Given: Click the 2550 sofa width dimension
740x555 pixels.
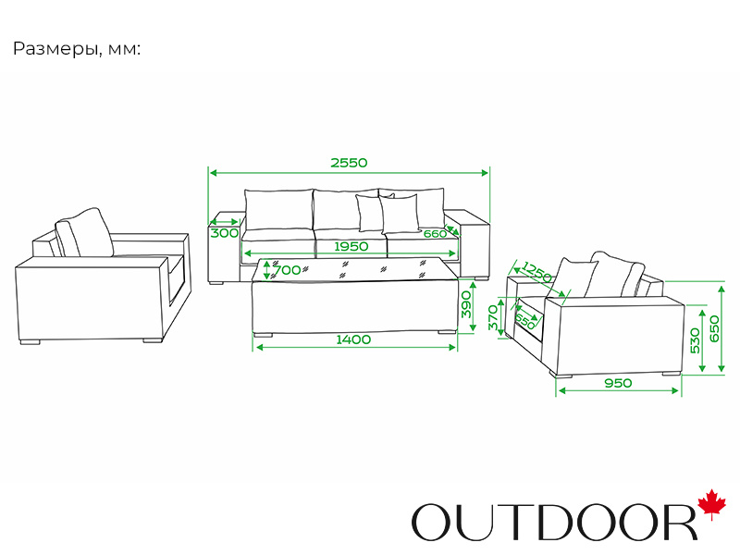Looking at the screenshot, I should (x=349, y=163).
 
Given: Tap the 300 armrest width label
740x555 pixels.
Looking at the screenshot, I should (x=224, y=233).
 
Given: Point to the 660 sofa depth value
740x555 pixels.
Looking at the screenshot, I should (x=435, y=234).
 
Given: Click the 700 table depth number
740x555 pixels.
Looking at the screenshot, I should (x=288, y=270).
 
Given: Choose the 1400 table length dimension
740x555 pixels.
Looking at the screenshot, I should (x=353, y=339).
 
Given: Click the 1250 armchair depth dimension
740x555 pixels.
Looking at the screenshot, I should (x=537, y=273).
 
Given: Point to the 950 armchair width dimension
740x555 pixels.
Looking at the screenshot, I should (x=617, y=383).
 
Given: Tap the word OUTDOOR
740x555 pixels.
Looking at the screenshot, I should (x=553, y=522).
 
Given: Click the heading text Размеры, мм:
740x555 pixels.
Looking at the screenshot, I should (x=77, y=49).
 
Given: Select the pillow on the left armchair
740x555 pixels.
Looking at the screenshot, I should (x=84, y=232).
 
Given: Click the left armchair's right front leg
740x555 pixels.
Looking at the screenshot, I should (x=151, y=342).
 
